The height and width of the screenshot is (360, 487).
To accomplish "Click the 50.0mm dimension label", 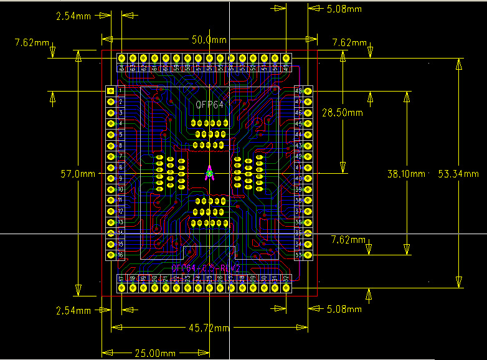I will click(x=209, y=39).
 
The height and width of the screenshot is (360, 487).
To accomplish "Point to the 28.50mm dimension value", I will click(x=342, y=112).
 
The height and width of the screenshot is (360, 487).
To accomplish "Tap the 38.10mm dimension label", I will click(x=407, y=174).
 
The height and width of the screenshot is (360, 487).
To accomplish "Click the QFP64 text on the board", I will click(x=209, y=105).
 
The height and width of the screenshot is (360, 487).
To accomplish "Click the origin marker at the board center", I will click(x=210, y=173).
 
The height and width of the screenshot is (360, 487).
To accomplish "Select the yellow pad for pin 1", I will click(x=111, y=91).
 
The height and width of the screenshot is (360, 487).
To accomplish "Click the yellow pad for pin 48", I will click(x=308, y=91).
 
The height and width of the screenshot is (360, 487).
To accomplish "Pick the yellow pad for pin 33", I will click(x=308, y=255).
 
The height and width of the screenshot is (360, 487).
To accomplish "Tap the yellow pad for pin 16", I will click(x=111, y=255).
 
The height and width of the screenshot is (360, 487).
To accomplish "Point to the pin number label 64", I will click(x=122, y=67).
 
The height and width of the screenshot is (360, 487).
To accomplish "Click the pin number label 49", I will click(x=286, y=67).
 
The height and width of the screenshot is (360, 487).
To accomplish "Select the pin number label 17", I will click(x=122, y=278).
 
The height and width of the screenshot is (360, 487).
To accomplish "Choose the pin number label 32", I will click(x=286, y=278).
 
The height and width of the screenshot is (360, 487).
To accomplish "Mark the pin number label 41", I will click(x=298, y=168).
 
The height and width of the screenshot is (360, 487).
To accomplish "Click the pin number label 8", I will click(x=120, y=168).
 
